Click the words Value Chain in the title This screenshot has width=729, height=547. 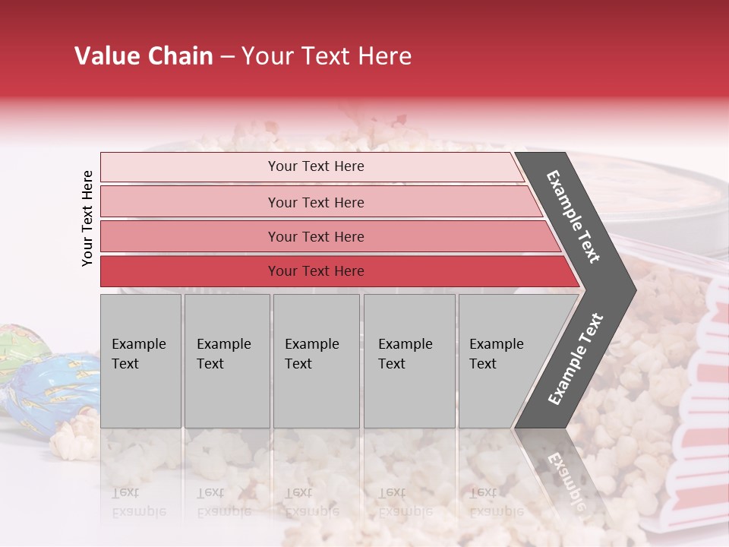(144, 56)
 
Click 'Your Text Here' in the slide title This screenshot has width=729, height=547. (327, 56)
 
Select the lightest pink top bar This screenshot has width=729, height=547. (315, 166)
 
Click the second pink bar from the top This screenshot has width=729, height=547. (315, 202)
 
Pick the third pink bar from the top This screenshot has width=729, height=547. (315, 236)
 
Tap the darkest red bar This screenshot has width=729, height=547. (315, 271)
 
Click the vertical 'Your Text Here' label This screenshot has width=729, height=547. (87, 218)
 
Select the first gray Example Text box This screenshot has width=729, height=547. (140, 361)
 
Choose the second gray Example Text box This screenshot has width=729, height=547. (226, 361)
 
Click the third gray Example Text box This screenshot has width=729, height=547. (316, 361)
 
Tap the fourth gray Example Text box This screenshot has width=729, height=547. (409, 361)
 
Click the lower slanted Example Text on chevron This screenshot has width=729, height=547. (576, 359)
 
